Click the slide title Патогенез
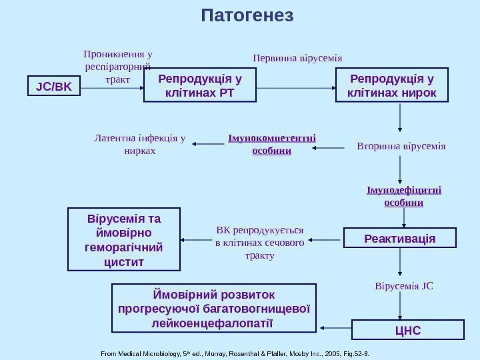(247, 15)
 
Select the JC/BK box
(53, 87)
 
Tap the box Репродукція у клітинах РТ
(200, 86)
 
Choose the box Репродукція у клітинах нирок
(392, 86)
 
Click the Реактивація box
(400, 238)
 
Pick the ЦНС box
(407, 329)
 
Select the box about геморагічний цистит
(125, 240)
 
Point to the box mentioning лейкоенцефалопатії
(213, 309)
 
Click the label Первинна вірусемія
(297, 58)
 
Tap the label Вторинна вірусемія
(401, 145)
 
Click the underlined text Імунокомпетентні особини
(271, 145)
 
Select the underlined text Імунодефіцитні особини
(403, 196)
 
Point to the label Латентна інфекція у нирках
(139, 145)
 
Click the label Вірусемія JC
(404, 287)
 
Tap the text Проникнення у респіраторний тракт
(117, 67)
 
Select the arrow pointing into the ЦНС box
(400, 307)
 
